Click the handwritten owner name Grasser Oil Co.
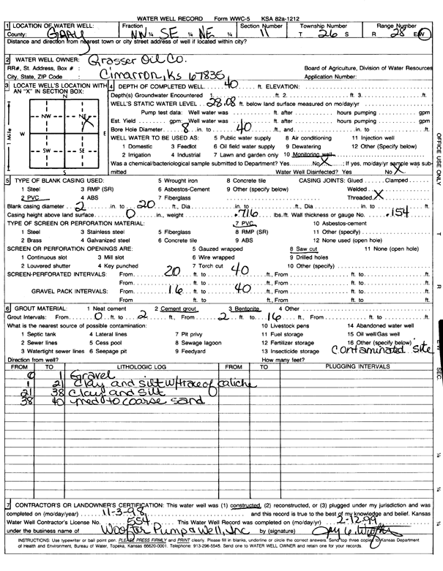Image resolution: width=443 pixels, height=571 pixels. pos(140,61)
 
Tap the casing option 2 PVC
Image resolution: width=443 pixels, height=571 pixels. pos(31,198)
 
